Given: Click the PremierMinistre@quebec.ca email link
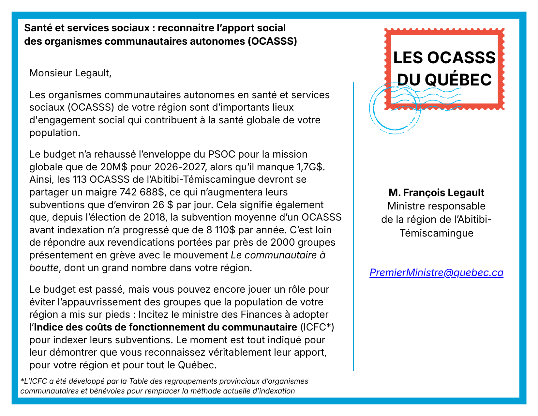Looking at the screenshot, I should tap(436, 272).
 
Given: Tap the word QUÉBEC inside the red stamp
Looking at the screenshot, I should tap(458, 79).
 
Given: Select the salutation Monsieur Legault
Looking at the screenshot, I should tap(70, 73).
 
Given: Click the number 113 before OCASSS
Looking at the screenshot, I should tap(80, 179).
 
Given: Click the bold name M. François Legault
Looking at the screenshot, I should tap(436, 193).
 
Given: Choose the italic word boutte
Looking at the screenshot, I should tap(44, 268).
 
